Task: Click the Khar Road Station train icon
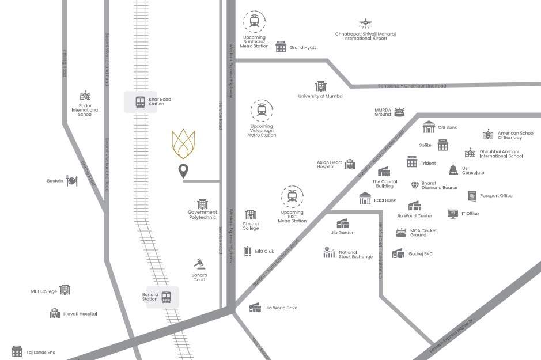coord(140,103)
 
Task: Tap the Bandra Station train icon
coord(167,297)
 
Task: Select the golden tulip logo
coord(183,144)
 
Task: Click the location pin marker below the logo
coord(183,171)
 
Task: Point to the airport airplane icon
coord(365,24)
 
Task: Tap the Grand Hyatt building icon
coord(281,47)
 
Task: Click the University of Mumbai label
coord(320,96)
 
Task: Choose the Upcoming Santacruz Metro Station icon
coord(254,22)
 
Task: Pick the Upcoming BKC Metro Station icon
coord(292,197)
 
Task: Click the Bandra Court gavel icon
coord(199,263)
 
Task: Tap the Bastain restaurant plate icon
coord(71,181)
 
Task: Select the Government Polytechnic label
coord(202,214)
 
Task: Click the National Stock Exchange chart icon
coord(329,252)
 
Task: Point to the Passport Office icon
coord(472,196)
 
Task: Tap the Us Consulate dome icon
coord(453,170)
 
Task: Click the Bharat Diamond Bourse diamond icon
coord(415,185)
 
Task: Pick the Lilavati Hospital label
coord(80,314)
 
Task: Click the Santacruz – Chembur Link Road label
coord(412,86)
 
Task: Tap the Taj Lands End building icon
coord(17,351)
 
